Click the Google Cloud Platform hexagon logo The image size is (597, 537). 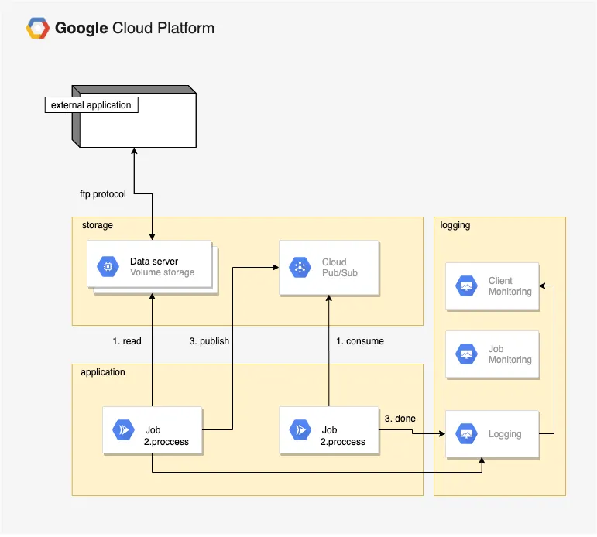(37, 29)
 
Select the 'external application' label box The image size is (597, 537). (91, 105)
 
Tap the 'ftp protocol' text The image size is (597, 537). (102, 194)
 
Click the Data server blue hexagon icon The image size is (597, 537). (108, 267)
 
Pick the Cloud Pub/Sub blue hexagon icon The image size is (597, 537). (299, 268)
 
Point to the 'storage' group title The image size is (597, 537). (97, 225)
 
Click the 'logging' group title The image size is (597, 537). (455, 225)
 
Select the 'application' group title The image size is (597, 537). (102, 372)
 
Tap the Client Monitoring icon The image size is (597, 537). (466, 286)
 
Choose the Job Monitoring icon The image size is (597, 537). (466, 354)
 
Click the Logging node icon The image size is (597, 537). (466, 434)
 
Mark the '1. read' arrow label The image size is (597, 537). (127, 341)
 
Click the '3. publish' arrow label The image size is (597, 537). (209, 341)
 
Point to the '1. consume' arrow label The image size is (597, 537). (359, 341)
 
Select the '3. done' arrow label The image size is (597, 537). (400, 419)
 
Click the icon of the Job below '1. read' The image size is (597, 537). (123, 429)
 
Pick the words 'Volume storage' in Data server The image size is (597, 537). (162, 272)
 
